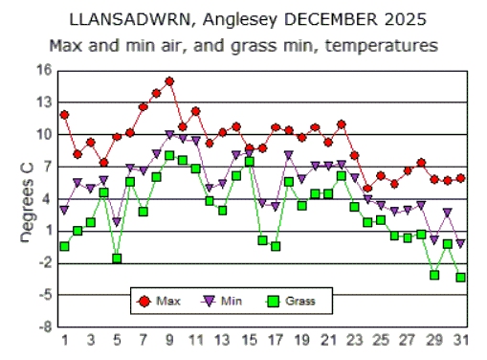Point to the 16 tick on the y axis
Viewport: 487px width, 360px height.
[x=44, y=70]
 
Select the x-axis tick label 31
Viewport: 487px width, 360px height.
[x=461, y=342]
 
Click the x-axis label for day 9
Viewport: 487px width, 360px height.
[x=170, y=342]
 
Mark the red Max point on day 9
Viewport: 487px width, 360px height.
[x=169, y=81]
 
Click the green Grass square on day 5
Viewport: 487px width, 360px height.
[x=117, y=259]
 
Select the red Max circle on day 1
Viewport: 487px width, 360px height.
[x=64, y=115]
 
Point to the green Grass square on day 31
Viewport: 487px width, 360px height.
[x=461, y=278]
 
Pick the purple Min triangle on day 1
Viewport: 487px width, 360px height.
[x=64, y=210]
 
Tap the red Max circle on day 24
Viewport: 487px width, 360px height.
[x=367, y=189]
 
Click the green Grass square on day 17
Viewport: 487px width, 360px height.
[x=276, y=246]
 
